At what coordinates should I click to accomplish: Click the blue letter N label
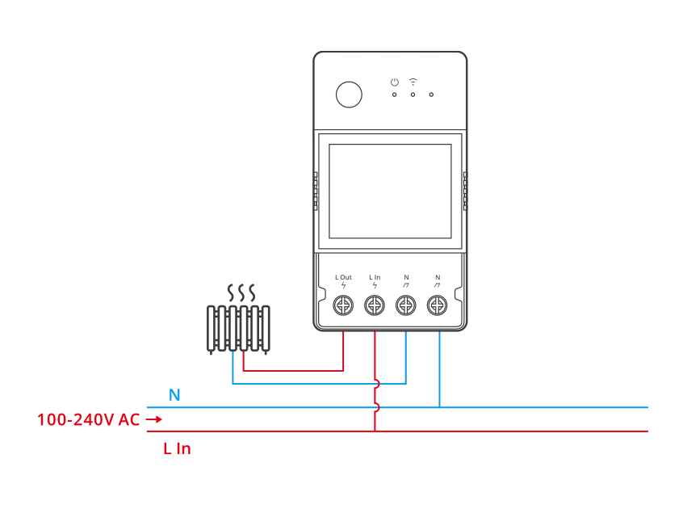coord(174,394)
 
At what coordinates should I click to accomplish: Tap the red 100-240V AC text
coord(89,419)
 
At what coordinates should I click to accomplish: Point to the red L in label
coord(177,449)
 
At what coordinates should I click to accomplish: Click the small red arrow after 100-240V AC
coord(156,419)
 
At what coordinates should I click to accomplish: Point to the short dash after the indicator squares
coord(433,94)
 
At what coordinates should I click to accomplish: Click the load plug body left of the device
coord(238,326)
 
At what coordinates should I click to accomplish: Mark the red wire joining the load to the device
coord(295,372)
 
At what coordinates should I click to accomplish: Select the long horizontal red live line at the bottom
coord(525,431)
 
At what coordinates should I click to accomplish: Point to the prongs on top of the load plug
coord(241,288)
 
